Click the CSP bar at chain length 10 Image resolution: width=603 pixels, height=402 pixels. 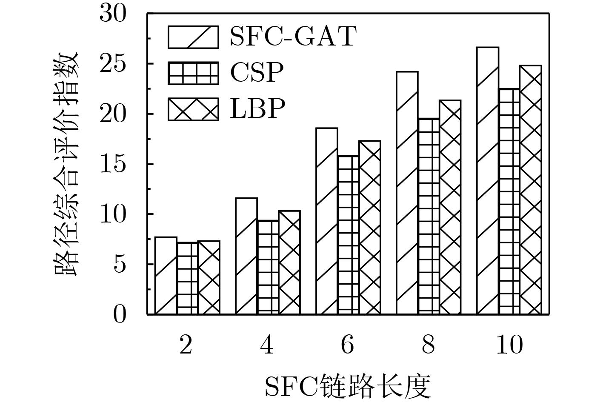tap(509, 202)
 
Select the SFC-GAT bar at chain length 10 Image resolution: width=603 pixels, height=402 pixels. tap(488, 181)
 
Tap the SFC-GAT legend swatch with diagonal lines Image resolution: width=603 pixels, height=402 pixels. tap(194, 37)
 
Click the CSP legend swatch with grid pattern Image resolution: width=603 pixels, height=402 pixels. tap(194, 73)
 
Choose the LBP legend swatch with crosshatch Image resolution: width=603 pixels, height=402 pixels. tap(194, 109)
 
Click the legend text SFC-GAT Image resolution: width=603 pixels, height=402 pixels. tap(293, 37)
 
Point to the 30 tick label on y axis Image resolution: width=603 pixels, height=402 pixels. tap(113, 14)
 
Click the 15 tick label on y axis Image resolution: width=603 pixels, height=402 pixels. tap(113, 164)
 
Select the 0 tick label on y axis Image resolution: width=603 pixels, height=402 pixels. tap(120, 315)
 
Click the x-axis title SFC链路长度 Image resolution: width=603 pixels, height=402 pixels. tap(348, 385)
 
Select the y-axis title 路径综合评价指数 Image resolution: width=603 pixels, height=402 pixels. tap(67, 164)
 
